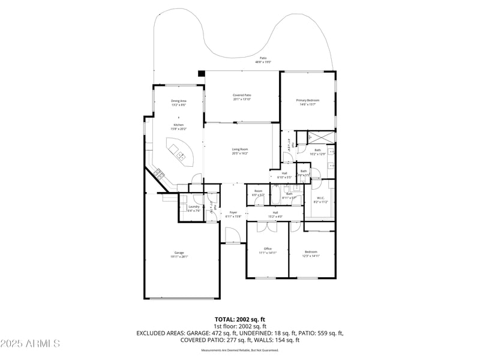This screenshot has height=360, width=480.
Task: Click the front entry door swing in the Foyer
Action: [233, 236]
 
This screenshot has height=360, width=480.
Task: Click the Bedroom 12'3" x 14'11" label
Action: [311, 254]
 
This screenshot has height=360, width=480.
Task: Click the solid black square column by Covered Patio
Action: [202, 73]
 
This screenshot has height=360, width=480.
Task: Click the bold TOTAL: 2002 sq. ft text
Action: [240, 319]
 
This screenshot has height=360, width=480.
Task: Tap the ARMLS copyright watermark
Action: [30, 344]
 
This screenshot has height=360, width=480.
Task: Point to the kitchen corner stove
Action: [159, 175]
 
